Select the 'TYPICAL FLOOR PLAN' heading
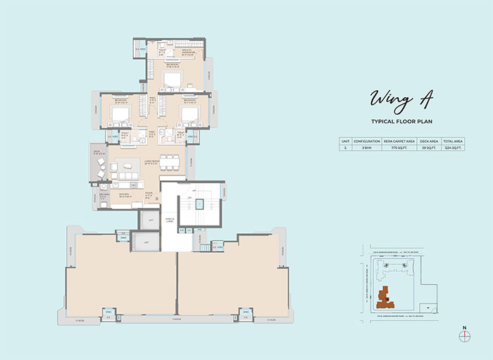click(401, 121)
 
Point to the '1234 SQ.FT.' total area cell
click(452, 149)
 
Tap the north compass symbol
click(463, 336)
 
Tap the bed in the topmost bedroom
click(172, 77)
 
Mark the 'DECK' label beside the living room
click(96, 151)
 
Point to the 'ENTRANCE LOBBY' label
click(169, 221)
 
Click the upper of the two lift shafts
click(149, 221)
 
